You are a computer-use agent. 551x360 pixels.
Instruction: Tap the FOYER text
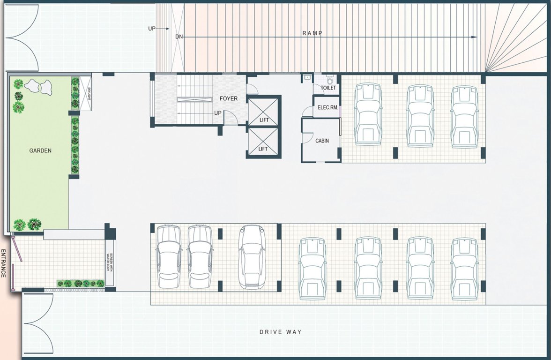[229, 99]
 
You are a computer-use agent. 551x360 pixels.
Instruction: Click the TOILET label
[328, 88]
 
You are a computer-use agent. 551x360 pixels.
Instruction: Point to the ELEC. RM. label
[328, 108]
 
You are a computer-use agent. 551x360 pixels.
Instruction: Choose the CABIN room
[321, 140]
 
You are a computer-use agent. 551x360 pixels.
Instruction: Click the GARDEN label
[40, 151]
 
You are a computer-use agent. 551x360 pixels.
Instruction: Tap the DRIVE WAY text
[281, 332]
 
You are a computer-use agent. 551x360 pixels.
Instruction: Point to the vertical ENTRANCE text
[4, 263]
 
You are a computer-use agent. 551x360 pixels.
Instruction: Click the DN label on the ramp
[179, 37]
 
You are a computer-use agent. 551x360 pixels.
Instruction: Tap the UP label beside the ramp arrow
[152, 29]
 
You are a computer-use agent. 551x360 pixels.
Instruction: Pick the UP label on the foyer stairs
[218, 113]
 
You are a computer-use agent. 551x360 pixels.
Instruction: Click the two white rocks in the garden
[38, 86]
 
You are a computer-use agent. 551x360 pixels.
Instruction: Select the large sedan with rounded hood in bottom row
[252, 256]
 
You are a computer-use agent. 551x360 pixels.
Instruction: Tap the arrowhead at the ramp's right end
[475, 37]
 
